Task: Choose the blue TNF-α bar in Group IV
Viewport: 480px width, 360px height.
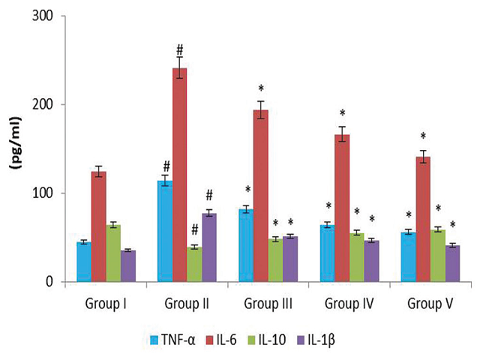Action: (x=327, y=253)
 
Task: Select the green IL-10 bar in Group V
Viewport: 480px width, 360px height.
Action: (x=439, y=256)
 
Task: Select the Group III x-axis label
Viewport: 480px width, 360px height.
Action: (x=268, y=304)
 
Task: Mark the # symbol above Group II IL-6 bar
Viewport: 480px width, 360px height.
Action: (x=180, y=50)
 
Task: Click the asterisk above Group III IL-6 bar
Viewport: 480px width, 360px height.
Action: (x=261, y=89)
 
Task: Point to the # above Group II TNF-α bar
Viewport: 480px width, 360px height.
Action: (x=164, y=166)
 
